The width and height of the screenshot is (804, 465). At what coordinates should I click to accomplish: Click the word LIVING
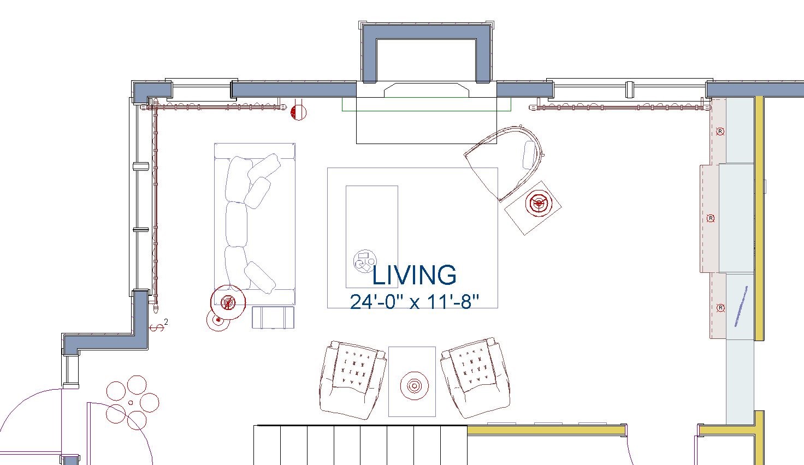pyautogui.click(x=414, y=275)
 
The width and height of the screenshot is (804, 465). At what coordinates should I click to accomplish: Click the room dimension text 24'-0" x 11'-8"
pyautogui.click(x=415, y=302)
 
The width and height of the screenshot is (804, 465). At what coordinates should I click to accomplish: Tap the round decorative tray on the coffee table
pyautogui.click(x=365, y=261)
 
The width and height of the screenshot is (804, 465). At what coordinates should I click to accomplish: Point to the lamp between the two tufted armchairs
pyautogui.click(x=414, y=386)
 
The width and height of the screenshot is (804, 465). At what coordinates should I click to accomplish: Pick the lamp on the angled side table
pyautogui.click(x=539, y=203)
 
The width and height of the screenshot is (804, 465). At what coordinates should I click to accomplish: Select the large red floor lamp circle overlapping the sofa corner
pyautogui.click(x=228, y=302)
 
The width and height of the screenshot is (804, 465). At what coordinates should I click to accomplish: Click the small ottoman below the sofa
pyautogui.click(x=273, y=317)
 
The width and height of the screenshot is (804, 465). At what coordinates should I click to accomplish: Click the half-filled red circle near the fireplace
pyautogui.click(x=299, y=112)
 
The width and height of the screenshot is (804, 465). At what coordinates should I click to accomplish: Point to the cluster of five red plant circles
pyautogui.click(x=132, y=403)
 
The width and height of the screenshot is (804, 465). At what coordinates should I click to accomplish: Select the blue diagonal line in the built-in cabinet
pyautogui.click(x=741, y=307)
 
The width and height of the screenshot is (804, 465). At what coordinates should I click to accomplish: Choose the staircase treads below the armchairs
pyautogui.click(x=360, y=445)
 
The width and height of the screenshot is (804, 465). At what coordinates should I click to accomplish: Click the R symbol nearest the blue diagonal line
pyautogui.click(x=720, y=308)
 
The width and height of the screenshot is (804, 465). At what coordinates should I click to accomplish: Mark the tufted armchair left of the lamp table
pyautogui.click(x=353, y=380)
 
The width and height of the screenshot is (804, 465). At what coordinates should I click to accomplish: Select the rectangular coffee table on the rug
pyautogui.click(x=372, y=237)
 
